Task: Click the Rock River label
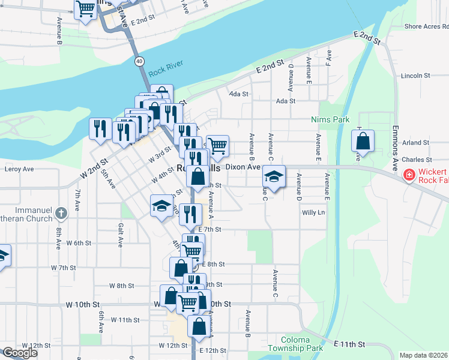[x=166, y=71]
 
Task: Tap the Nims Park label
[x=330, y=119]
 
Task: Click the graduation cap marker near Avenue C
[x=274, y=178]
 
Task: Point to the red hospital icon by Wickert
[x=409, y=175]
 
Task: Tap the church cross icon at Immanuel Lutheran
[x=61, y=213]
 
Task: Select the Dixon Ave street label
[x=242, y=167]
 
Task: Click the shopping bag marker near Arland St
[x=363, y=142]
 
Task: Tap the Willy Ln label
[x=313, y=212]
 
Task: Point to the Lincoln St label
[x=415, y=76]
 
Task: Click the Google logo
[x=20, y=352]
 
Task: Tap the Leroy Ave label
[x=19, y=169]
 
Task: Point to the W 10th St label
[x=81, y=305]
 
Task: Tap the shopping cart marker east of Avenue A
[x=217, y=144]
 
